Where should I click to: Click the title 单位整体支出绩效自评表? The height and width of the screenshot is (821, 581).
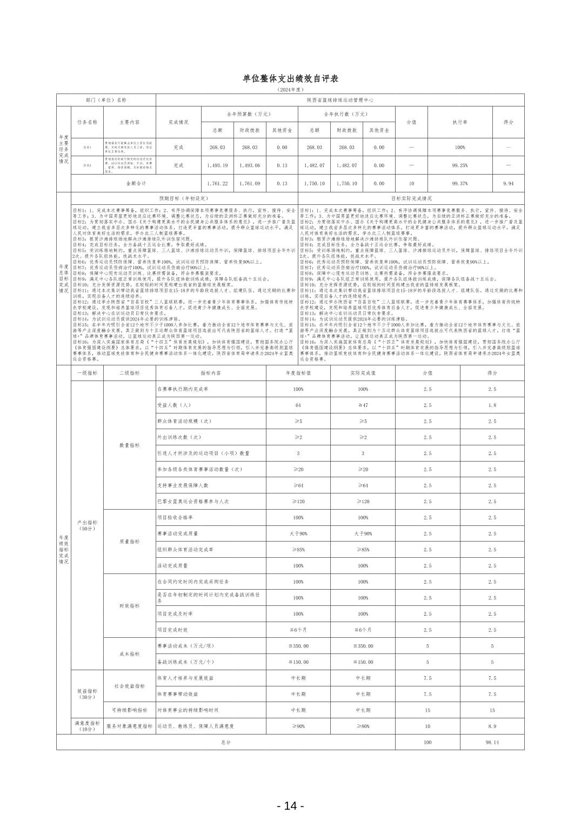click(x=290, y=79)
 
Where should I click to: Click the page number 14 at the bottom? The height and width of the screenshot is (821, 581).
click(x=290, y=806)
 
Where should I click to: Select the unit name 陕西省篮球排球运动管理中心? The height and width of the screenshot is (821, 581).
click(x=340, y=100)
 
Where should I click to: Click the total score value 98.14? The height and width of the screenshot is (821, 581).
click(x=492, y=743)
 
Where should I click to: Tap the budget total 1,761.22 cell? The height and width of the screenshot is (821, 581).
click(x=217, y=184)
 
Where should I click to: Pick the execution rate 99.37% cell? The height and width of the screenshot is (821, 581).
click(x=460, y=184)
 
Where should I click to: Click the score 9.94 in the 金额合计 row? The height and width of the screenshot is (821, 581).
click(x=508, y=184)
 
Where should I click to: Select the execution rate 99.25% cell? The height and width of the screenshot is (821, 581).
click(x=460, y=165)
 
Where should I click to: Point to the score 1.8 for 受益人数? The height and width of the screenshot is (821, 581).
click(x=492, y=405)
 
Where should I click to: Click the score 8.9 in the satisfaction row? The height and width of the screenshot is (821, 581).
click(x=492, y=726)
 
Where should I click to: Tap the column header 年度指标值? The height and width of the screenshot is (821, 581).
click(x=298, y=373)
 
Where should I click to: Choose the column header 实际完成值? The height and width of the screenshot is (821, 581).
click(x=363, y=373)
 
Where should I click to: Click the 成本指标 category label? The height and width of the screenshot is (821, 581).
click(x=130, y=654)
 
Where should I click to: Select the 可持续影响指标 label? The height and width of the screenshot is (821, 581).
click(x=130, y=710)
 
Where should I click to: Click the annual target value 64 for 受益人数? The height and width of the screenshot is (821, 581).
click(x=298, y=405)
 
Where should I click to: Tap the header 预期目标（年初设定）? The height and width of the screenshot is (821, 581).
click(x=184, y=199)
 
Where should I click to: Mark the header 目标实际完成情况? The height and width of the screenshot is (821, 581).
click(x=411, y=199)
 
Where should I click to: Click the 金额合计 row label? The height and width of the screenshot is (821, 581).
click(x=136, y=184)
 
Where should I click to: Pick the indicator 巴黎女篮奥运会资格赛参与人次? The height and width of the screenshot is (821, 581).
click(x=193, y=502)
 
